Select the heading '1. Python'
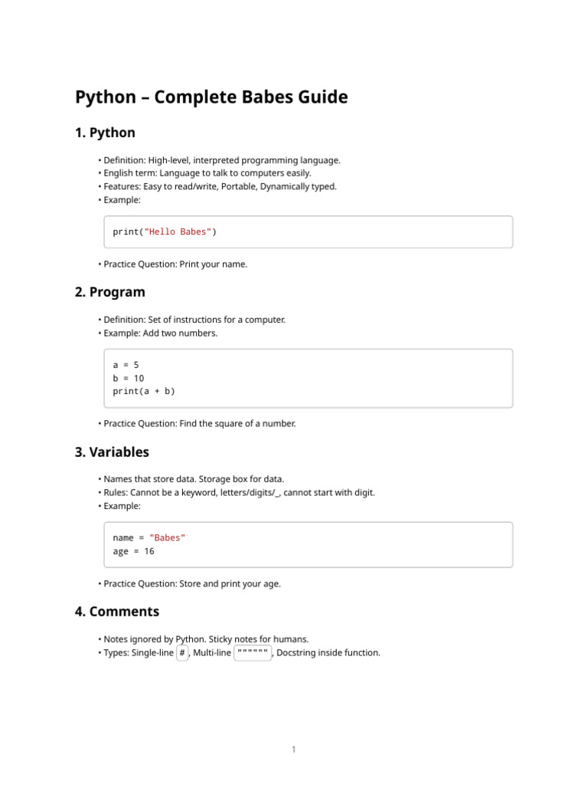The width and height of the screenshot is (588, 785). (x=105, y=133)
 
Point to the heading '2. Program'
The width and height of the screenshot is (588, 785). (x=109, y=292)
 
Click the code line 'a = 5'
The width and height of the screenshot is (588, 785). (x=126, y=365)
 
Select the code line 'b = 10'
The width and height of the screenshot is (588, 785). (x=129, y=378)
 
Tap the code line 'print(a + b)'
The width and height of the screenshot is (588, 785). (x=144, y=391)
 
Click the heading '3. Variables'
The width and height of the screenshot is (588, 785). (x=112, y=452)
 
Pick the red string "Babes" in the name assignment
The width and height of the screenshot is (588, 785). (x=168, y=537)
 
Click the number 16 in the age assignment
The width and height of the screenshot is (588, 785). (x=149, y=551)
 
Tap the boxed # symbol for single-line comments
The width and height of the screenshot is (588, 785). (x=182, y=653)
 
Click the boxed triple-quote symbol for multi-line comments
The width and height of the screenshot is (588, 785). (x=253, y=653)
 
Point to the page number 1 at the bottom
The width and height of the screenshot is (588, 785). (x=293, y=750)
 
